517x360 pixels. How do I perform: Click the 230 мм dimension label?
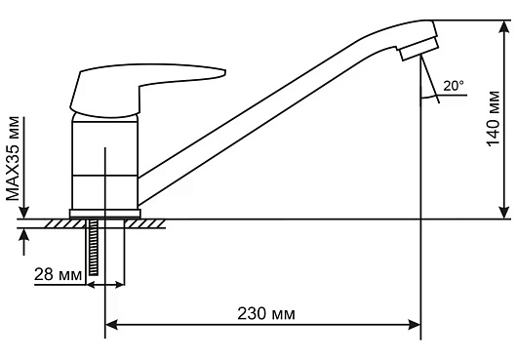pos(266,313)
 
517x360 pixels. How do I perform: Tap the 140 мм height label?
pos(494,119)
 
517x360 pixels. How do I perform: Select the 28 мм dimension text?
pos(58,274)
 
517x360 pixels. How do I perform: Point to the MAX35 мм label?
pos(13,159)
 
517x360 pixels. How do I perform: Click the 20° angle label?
pos(454,86)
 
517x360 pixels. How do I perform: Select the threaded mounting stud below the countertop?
pos(94,247)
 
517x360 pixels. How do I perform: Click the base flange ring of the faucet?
pos(104,214)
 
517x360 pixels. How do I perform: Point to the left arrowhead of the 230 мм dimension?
pos(111,325)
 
